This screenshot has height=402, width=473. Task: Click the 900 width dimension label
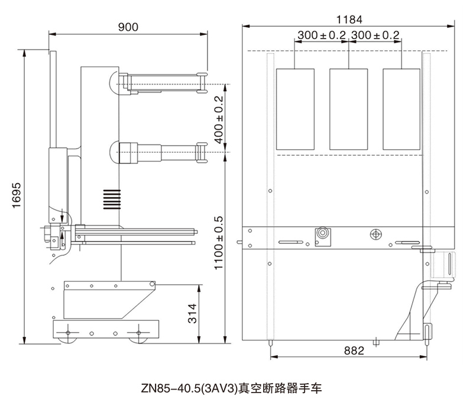point(128,27)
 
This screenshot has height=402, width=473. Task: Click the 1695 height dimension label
point(17,195)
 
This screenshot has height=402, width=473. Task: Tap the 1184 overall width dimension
point(349,20)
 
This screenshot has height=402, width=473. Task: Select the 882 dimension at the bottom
point(354,350)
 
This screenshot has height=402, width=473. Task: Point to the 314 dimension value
point(192,314)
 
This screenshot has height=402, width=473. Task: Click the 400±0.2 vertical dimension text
point(218,120)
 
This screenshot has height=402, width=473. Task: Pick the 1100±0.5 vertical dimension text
point(218,243)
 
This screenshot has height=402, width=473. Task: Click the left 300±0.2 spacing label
point(322,36)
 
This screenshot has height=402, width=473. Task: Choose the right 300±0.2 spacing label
point(375,36)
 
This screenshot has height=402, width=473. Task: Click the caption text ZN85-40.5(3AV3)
point(189,388)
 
